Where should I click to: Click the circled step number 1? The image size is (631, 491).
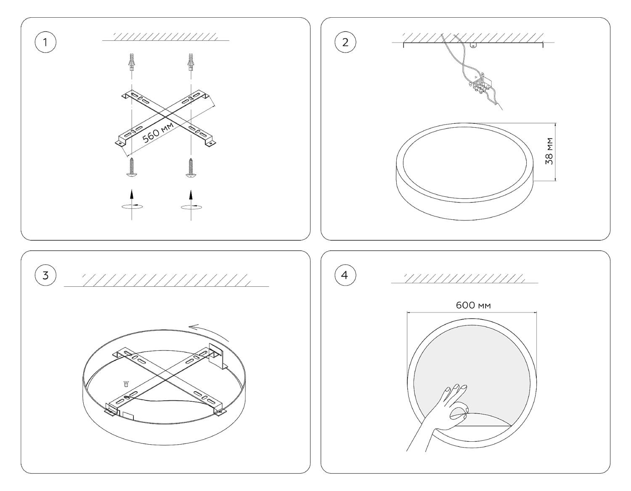[45, 43]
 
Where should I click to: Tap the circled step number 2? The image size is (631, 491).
[345, 43]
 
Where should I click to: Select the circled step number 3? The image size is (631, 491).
[45, 275]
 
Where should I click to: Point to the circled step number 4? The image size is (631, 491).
[345, 275]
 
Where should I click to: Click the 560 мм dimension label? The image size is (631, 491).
[158, 132]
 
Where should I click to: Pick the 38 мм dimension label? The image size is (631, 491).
[549, 151]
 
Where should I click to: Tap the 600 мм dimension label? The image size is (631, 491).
[473, 305]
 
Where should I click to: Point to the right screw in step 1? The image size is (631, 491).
[191, 167]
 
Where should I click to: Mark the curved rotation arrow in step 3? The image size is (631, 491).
[209, 332]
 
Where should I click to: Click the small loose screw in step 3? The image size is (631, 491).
[126, 384]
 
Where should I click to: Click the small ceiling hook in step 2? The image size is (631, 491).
[474, 45]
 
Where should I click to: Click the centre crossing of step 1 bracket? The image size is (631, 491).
[165, 117]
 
